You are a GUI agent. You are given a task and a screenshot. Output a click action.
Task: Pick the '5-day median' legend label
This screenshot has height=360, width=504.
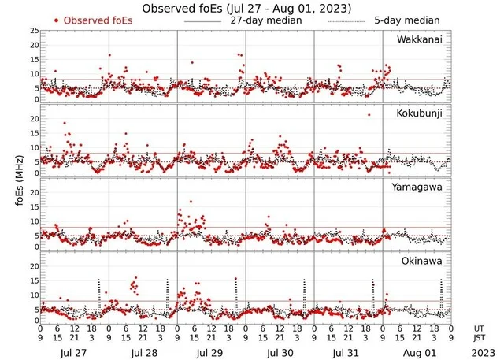pos(406,20)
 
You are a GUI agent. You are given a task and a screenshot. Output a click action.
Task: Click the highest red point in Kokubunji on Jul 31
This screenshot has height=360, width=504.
pos(368,115)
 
